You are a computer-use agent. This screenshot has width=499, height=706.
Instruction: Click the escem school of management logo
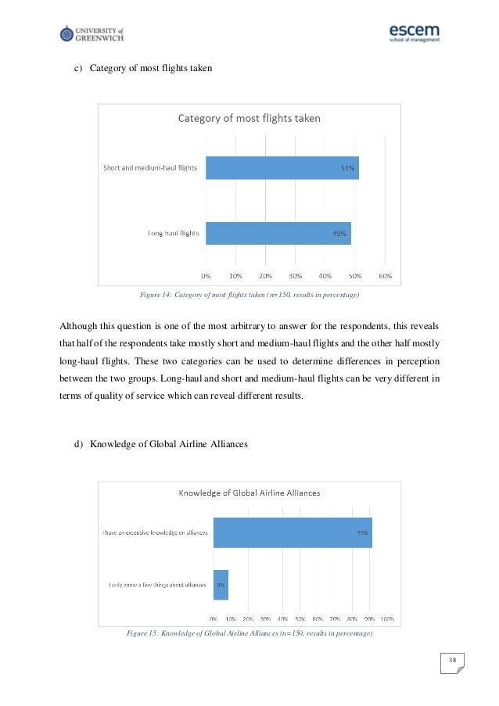pyautogui.click(x=414, y=33)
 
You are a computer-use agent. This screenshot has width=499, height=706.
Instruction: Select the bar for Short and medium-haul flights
pyautogui.click(x=282, y=167)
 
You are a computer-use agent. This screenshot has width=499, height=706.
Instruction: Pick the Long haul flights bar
pyautogui.click(x=278, y=233)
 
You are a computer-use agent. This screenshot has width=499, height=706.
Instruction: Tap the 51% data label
pyautogui.click(x=346, y=167)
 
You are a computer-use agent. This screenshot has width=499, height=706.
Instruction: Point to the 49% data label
pyautogui.click(x=339, y=233)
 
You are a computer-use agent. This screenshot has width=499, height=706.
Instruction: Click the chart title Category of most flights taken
pyautogui.click(x=249, y=119)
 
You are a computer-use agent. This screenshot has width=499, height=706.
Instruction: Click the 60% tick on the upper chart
pyautogui.click(x=385, y=275)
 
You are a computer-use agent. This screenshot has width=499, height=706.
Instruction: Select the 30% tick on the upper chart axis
pyautogui.click(x=295, y=275)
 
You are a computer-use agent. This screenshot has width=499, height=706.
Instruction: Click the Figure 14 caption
pyautogui.click(x=249, y=296)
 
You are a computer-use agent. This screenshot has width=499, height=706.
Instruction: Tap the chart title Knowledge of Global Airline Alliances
pyautogui.click(x=249, y=493)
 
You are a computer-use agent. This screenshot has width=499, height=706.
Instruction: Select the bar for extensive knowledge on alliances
pyautogui.click(x=293, y=532)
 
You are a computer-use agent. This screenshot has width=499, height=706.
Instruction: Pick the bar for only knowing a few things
pyautogui.click(x=221, y=584)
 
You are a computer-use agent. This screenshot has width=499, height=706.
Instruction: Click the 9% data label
pyautogui.click(x=221, y=584)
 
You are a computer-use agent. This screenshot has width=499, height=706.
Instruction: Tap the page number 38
pyautogui.click(x=451, y=662)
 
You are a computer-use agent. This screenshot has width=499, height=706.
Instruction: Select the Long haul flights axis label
pyautogui.click(x=174, y=233)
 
